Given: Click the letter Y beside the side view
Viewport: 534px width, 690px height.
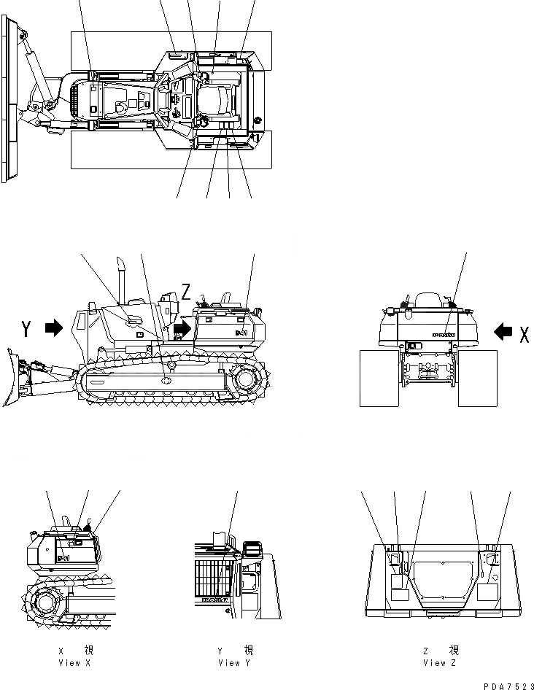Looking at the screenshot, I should point(27,330).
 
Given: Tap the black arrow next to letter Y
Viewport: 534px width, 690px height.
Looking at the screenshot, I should point(54,329).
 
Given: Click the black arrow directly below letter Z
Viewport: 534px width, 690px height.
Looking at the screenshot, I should point(182,328).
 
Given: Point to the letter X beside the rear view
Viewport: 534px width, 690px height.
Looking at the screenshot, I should point(524,334).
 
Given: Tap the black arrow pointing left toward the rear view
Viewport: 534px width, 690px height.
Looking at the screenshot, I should point(503,333).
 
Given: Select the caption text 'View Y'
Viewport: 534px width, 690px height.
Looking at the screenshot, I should point(233,663).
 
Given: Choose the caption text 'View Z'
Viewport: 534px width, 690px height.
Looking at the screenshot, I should point(441,663).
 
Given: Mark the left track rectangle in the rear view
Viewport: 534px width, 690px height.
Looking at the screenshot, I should point(379,377).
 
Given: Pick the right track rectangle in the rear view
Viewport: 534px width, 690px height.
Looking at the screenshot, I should point(478,377).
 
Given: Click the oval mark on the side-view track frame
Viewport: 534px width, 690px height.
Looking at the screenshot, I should point(166,380).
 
